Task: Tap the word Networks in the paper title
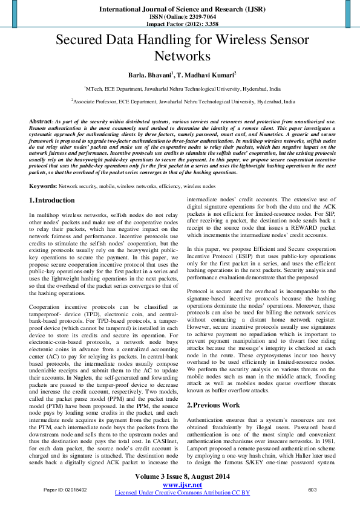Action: pyautogui.click(x=182, y=57)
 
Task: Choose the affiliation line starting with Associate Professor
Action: pyautogui.click(x=182, y=103)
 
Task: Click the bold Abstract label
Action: pyautogui.click(x=41, y=122)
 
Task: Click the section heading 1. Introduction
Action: pyautogui.click(x=52, y=200)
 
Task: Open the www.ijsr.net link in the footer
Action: pyautogui.click(x=182, y=485)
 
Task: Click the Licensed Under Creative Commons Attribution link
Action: pyautogui.click(x=182, y=493)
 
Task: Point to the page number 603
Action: pyautogui.click(x=313, y=490)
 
